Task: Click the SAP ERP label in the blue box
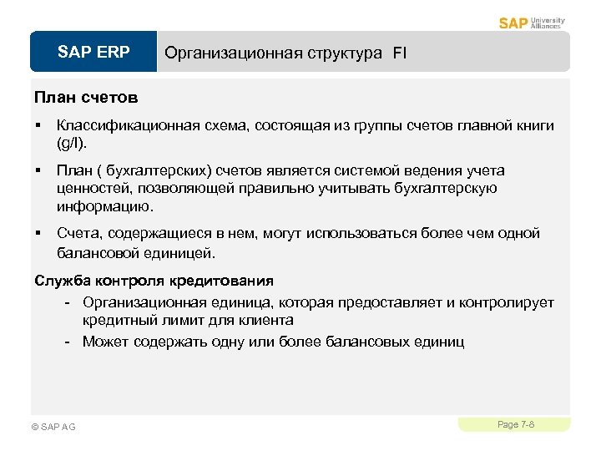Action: (x=93, y=53)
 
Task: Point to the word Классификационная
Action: (x=128, y=126)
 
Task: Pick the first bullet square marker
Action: (x=38, y=126)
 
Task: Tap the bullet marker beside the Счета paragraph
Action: (x=38, y=234)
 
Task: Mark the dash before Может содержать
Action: (x=72, y=341)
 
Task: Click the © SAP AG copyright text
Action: (x=53, y=427)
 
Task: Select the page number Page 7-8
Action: (x=515, y=425)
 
